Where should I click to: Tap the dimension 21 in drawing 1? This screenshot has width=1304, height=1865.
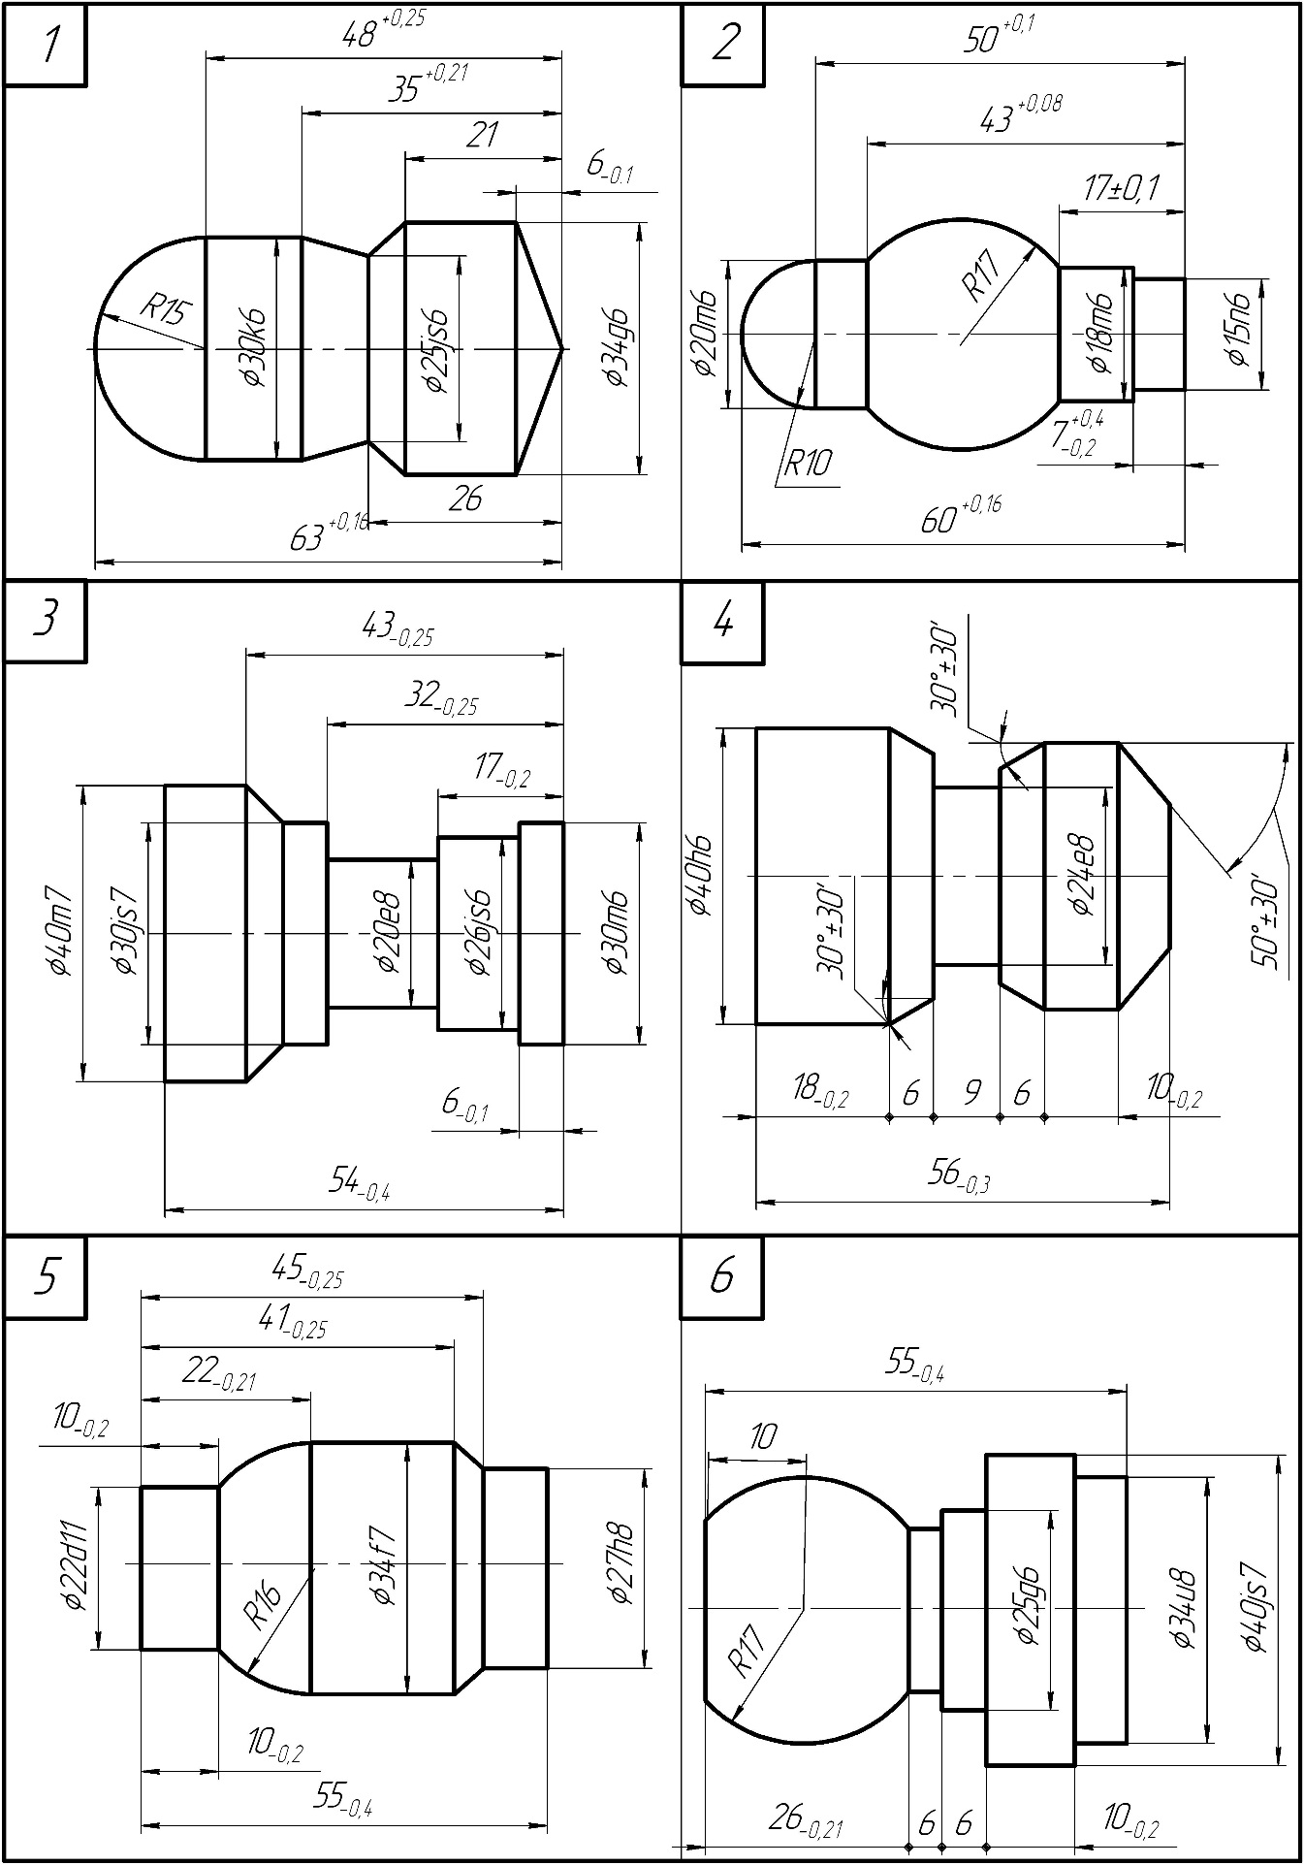(x=482, y=135)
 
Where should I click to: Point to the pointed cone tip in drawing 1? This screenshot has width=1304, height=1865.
(x=561, y=347)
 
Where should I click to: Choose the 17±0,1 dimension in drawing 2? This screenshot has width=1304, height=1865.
(x=1122, y=188)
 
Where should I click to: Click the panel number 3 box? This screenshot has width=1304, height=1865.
(x=45, y=621)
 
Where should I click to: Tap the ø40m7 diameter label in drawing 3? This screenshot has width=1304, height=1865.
(x=58, y=931)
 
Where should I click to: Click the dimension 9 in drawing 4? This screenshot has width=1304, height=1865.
(x=971, y=1092)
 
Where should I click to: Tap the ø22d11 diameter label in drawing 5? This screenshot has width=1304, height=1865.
(x=76, y=1567)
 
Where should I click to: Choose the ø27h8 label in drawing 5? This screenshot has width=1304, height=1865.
(x=621, y=1565)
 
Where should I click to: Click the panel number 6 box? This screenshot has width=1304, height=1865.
(x=722, y=1277)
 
